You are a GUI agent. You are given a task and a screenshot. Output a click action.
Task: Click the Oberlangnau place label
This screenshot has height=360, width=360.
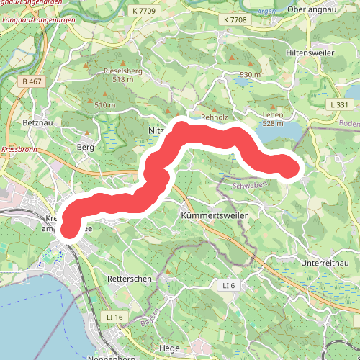327,9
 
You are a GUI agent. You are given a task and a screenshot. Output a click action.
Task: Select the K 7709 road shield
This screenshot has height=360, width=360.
145,11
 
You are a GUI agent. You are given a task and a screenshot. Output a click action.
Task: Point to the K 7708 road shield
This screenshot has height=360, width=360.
235,20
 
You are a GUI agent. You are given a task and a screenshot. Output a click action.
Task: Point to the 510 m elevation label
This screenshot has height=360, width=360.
104,105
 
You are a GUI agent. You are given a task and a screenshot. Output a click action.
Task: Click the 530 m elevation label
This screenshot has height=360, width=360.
250,75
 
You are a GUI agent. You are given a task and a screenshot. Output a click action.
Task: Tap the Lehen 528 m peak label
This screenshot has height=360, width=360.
274,119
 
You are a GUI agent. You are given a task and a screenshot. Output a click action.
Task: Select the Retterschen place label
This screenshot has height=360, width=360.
127,278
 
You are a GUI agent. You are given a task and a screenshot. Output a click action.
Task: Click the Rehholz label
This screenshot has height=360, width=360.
214,117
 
